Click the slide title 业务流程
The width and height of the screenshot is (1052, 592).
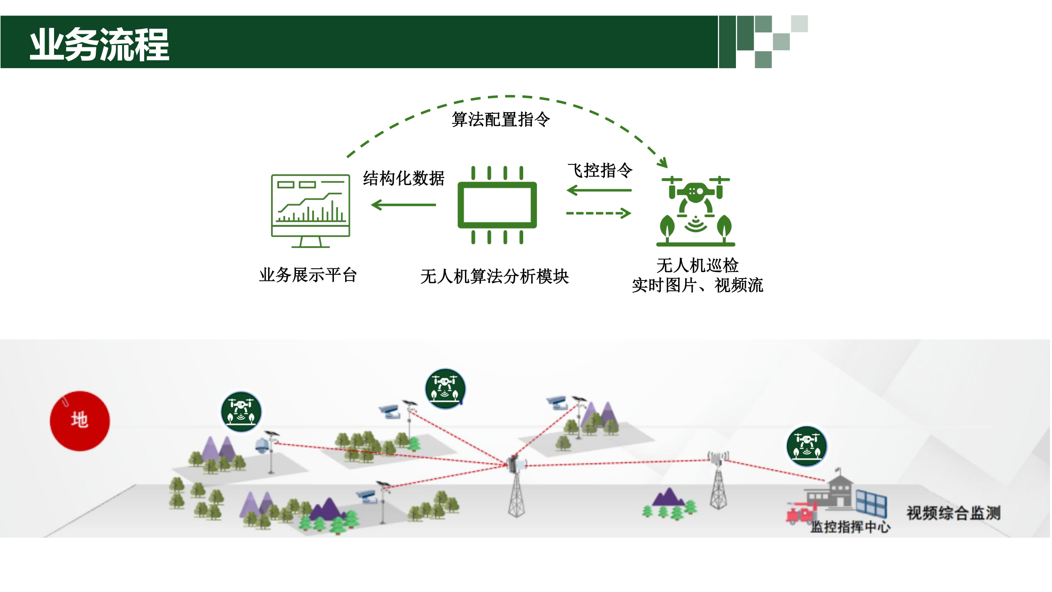99,44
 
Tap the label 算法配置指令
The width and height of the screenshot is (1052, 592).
501,119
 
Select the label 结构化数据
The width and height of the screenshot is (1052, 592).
403,179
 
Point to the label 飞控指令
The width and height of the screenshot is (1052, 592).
600,170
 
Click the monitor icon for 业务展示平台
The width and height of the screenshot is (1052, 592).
310,210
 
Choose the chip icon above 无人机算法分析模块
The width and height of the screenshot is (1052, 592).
497,205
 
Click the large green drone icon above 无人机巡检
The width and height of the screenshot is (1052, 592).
696,211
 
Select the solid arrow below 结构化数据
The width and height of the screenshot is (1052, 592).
403,205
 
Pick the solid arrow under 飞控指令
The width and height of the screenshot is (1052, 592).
599,190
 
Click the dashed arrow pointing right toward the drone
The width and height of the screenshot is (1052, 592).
599,213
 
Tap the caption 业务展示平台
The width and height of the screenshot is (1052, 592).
308,275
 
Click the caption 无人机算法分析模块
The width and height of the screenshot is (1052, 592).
495,276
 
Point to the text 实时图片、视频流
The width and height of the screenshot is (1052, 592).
697,285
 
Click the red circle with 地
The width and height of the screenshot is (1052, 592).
80,421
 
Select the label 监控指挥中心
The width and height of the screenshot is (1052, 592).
850,527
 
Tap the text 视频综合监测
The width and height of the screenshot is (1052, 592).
953,513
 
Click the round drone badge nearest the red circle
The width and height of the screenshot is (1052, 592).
241,412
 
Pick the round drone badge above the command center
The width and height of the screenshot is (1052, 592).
806,446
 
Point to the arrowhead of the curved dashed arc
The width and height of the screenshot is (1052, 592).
663,163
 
